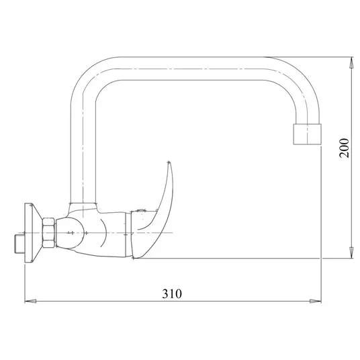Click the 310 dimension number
pos(172,294)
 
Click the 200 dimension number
pos(344,148)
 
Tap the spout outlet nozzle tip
pos(307,134)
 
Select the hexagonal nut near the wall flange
pos(48,232)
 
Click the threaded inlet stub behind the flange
pos(19,243)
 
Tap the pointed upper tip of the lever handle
pos(169,162)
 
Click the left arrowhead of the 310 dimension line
pos(30,301)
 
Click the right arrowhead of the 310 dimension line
pos(316,301)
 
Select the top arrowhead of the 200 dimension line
pos(351,62)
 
